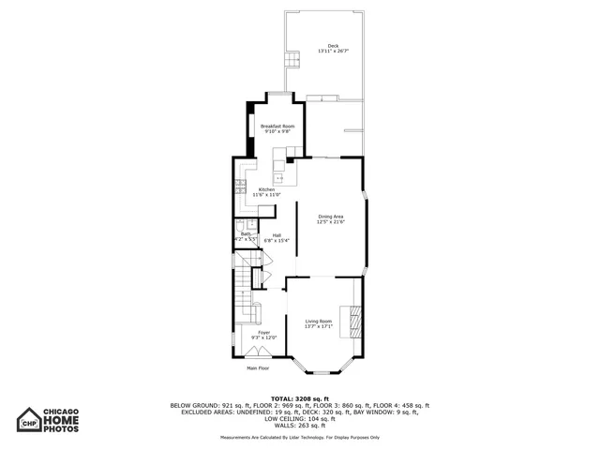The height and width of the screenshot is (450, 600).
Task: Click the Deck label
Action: tap(333, 46)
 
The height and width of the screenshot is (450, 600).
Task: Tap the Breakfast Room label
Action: tap(277, 127)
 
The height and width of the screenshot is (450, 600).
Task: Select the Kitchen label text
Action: tap(267, 190)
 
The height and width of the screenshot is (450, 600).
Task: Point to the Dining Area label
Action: tap(330, 217)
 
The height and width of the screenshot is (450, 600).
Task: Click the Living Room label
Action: tap(319, 321)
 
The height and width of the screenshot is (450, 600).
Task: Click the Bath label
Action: tap(246, 234)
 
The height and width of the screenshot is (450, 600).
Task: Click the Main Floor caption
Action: tap(259, 368)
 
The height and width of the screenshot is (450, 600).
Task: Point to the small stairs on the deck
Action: tap(292, 60)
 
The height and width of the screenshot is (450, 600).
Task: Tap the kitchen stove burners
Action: tap(240, 185)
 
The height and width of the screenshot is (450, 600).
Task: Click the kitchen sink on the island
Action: tap(278, 167)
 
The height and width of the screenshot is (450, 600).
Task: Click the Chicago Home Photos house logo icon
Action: tap(31, 419)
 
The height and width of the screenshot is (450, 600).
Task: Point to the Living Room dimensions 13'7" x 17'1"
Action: tap(319, 326)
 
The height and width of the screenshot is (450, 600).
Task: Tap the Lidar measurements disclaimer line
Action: tap(299, 437)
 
